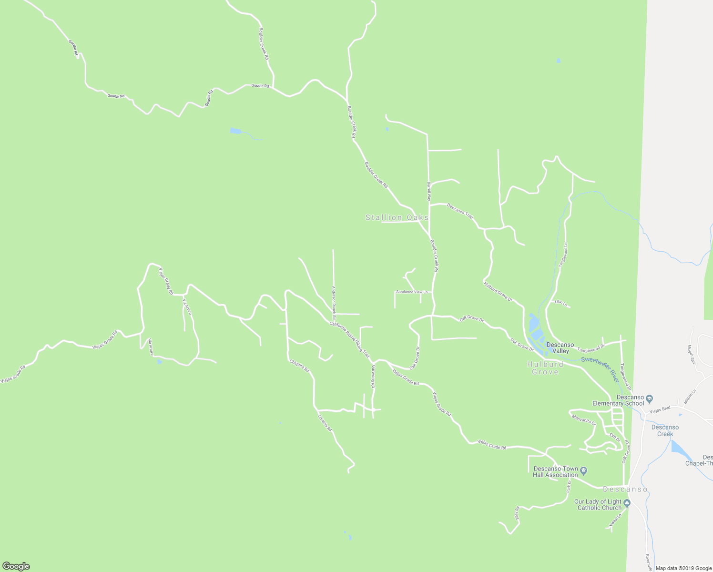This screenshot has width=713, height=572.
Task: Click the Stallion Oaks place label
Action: pyautogui.click(x=397, y=217)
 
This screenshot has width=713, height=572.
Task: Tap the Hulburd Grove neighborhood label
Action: pyautogui.click(x=545, y=368)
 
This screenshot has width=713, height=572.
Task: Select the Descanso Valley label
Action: pyautogui.click(x=560, y=348)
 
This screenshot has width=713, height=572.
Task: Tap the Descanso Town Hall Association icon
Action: pyautogui.click(x=585, y=471)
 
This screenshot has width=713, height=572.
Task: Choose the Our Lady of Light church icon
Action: pyautogui.click(x=627, y=503)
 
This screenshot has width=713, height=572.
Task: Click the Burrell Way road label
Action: pyautogui.click(x=429, y=190)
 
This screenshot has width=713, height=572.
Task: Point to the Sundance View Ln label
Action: pyautogui.click(x=412, y=292)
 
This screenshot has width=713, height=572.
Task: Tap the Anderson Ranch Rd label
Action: pyautogui.click(x=334, y=303)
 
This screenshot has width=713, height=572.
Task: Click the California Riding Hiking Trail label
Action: pyautogui.click(x=349, y=340)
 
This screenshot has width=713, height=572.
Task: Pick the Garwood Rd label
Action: pyautogui.click(x=374, y=376)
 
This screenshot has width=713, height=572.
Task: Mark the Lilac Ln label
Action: pyautogui.click(x=561, y=303)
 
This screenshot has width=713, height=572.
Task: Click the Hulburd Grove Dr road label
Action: pyautogui.click(x=498, y=292)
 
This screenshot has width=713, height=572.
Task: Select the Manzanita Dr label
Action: pyautogui.click(x=584, y=419)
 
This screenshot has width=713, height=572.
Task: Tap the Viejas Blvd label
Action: pyautogui.click(x=660, y=409)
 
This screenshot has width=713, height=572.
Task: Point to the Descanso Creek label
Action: pyautogui.click(x=665, y=430)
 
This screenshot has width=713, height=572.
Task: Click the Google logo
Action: pyautogui.click(x=16, y=566)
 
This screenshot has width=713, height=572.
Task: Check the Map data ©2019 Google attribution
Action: pyautogui.click(x=683, y=568)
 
